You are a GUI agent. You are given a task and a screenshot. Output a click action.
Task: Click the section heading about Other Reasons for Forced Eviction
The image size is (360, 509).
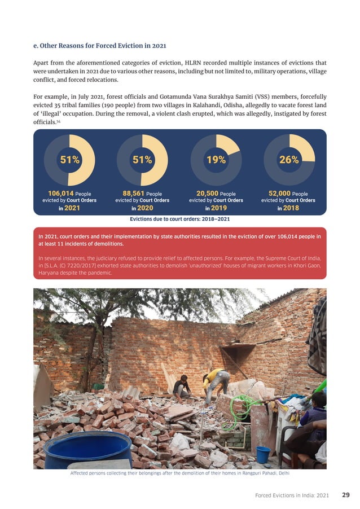click(x=99, y=45)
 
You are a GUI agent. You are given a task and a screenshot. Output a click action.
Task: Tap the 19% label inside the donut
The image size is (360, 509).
click(x=216, y=160)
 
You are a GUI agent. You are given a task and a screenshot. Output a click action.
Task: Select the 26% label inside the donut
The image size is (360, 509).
click(x=289, y=160)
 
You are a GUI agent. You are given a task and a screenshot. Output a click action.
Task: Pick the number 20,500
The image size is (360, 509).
click(x=207, y=193)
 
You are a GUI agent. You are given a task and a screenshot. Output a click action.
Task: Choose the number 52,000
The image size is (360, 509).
click(x=279, y=193)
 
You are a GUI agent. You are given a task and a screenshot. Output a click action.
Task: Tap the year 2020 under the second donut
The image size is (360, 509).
click(x=146, y=208)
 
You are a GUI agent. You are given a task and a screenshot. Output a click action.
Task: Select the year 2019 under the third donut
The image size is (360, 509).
click(x=219, y=208)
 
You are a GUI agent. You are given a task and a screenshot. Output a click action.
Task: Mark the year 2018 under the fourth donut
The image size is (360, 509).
click(x=292, y=208)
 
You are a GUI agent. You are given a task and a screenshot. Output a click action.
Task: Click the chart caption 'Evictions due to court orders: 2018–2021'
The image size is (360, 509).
click(x=179, y=218)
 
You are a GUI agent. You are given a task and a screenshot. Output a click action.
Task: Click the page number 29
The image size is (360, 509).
click(x=345, y=495)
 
